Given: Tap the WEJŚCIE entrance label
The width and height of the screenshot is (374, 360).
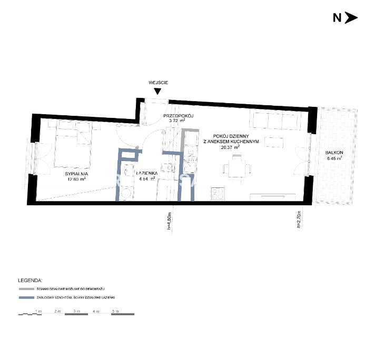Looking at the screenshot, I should [x=158, y=82].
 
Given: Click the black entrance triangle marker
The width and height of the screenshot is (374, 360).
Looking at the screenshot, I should [x=158, y=92].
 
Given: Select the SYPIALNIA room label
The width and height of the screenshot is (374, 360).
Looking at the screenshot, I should [x=76, y=173].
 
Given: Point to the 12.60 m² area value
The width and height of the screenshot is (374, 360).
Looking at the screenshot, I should [x=76, y=179].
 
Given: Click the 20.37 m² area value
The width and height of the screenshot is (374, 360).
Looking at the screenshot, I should [x=231, y=148].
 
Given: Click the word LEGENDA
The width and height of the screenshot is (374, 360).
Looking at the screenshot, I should [x=30, y=281].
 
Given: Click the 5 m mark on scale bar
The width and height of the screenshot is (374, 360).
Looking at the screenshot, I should [x=115, y=312].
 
